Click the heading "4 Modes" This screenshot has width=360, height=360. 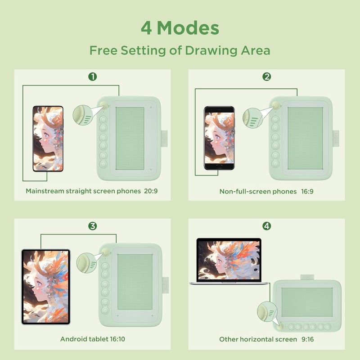180,28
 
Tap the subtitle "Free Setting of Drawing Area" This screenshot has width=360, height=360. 180,50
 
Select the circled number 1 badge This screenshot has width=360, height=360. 93,76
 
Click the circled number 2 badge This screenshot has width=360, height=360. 266,76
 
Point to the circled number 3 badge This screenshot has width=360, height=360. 93,226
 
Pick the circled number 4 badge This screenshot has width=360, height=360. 266,226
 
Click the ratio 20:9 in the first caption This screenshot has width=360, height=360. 151,191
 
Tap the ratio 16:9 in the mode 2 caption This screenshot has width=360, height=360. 307,192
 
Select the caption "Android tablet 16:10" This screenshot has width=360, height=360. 93,339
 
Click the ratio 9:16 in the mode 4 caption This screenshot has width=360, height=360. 307,339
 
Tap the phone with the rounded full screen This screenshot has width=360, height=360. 48,139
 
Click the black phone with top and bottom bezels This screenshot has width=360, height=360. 219,138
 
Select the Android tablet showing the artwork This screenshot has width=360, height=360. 46,287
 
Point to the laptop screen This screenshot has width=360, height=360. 229,260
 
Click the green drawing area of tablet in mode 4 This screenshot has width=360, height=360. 307,302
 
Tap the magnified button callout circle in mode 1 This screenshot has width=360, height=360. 83,115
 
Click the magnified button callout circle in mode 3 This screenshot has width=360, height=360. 86,263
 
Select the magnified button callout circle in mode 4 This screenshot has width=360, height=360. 267,311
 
